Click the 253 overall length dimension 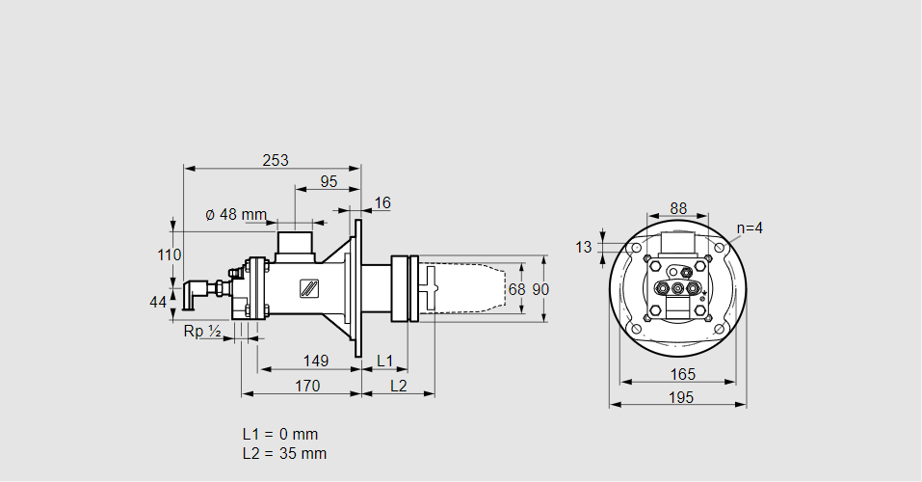coord(276,160)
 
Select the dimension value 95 coord(329,181)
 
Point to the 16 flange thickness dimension coord(382,202)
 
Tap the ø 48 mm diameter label coord(236,214)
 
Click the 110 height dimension coord(170,255)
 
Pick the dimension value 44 coord(159,303)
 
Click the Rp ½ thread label coord(203,332)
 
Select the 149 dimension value coord(315,361)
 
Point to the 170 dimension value coord(307,386)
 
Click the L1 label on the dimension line coord(384,361)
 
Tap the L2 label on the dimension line coord(399,386)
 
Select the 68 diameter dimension coord(517,289)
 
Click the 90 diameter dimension coord(540,289)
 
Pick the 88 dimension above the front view coord(678,208)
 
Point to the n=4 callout coord(750,228)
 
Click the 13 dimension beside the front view coord(584,247)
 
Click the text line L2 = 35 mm coord(284,453)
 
